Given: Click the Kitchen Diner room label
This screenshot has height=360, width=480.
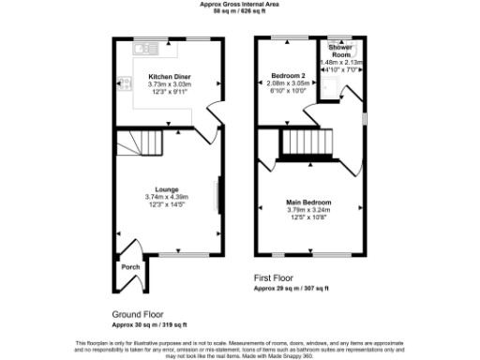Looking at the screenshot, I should (x=168, y=75).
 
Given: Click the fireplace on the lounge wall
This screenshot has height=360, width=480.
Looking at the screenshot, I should (x=218, y=197).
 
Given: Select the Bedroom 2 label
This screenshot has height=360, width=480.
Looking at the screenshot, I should (x=288, y=74).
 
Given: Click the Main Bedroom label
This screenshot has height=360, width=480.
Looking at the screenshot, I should (x=308, y=202).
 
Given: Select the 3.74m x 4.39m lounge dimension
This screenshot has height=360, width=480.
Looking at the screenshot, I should (x=167, y=197).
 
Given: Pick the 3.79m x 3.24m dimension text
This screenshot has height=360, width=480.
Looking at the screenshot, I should (x=308, y=210).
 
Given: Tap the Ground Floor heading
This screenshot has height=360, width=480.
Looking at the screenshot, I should (x=139, y=314).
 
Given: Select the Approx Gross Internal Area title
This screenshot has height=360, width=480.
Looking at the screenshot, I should (x=239, y=4).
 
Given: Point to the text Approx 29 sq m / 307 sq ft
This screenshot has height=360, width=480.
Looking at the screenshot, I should (x=297, y=288).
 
